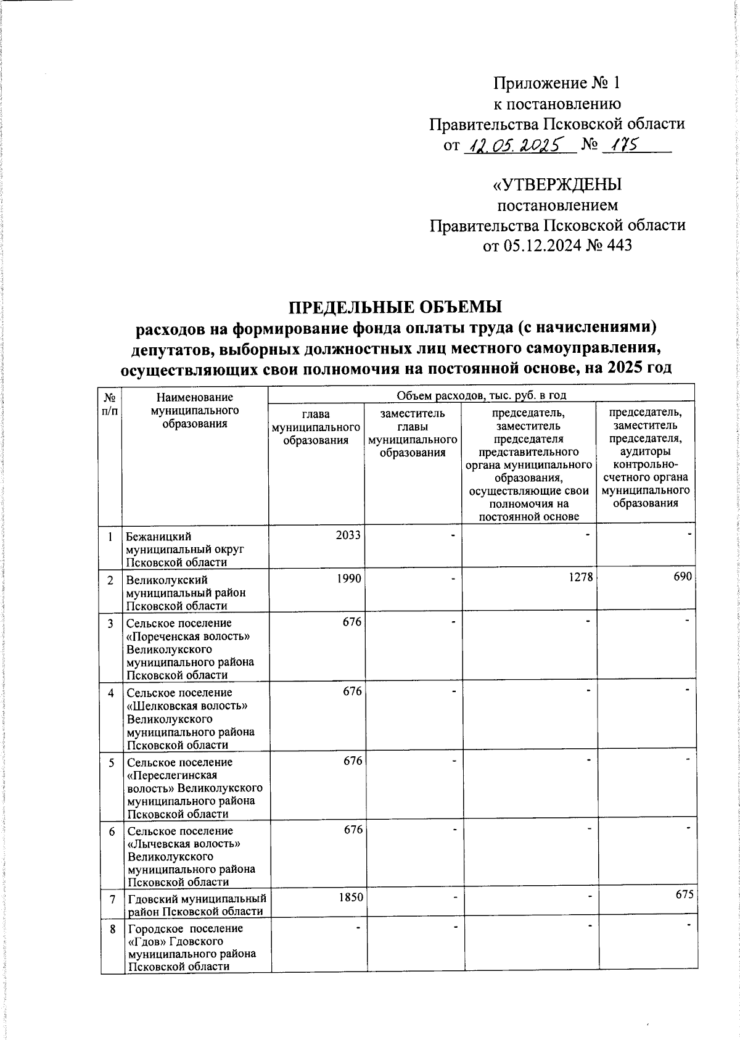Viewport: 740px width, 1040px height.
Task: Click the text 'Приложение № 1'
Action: click(557, 83)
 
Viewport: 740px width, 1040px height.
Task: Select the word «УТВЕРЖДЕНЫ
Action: click(557, 184)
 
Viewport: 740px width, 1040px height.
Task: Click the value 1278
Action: click(581, 578)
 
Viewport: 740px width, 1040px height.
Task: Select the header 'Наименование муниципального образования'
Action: click(194, 410)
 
